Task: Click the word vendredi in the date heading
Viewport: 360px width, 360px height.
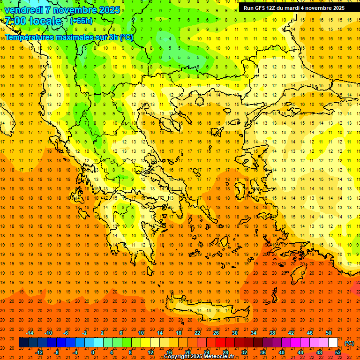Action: (23, 10)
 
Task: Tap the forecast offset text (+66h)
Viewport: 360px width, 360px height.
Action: (81, 21)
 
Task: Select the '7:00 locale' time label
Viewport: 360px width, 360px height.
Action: (33, 21)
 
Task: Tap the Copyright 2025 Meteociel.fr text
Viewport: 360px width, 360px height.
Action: (199, 357)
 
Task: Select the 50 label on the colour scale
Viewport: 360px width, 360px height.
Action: (328, 333)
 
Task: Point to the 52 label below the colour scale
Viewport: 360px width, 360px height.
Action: (338, 352)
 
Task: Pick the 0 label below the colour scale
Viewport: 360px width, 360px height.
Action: (93, 352)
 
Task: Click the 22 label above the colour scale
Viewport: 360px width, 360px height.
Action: (197, 333)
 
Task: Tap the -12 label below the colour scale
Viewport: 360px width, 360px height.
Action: (39, 352)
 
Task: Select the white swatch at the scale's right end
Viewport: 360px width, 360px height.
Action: (333, 343)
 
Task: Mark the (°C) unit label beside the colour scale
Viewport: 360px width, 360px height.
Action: (349, 343)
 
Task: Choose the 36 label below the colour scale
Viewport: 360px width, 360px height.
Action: (262, 352)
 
